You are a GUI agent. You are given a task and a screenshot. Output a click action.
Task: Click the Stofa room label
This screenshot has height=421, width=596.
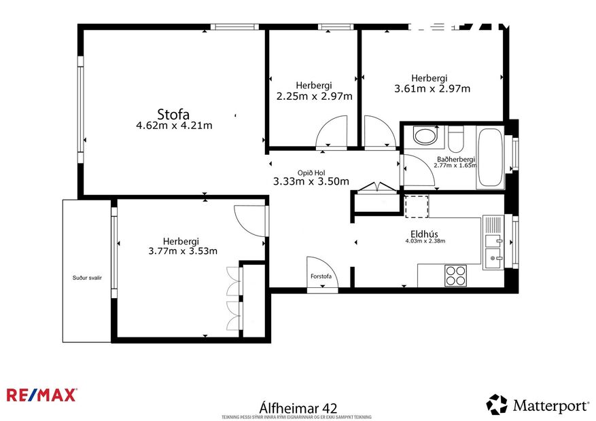[x=173, y=113]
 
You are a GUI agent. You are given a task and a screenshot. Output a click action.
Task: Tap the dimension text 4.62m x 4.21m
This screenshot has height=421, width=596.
[x=174, y=126]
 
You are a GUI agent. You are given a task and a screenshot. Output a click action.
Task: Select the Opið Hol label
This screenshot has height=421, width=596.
[x=311, y=172]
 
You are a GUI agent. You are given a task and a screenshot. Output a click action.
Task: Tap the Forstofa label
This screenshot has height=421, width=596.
[x=321, y=276]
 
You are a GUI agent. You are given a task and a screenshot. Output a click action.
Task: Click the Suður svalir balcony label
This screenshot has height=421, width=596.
[x=86, y=278]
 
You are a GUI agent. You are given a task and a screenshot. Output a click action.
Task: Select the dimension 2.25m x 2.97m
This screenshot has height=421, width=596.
[x=314, y=96]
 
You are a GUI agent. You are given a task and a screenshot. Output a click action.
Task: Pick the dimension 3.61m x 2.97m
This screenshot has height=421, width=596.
[x=432, y=88]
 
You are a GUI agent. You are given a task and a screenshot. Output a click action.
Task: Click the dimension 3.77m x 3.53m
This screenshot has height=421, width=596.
[x=182, y=251]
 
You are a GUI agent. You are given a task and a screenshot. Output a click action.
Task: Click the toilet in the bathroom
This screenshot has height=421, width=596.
[x=456, y=139]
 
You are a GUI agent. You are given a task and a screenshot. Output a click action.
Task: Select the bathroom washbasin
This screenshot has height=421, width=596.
[x=426, y=136]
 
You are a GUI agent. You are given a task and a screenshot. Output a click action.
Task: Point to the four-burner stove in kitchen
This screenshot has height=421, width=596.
[x=455, y=275]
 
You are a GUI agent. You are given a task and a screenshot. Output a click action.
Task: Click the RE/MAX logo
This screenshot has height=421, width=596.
[x=41, y=395]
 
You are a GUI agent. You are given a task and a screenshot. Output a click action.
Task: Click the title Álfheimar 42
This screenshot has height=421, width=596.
[x=298, y=407]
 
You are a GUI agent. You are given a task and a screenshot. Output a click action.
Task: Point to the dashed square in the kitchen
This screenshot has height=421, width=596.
[x=416, y=206]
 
